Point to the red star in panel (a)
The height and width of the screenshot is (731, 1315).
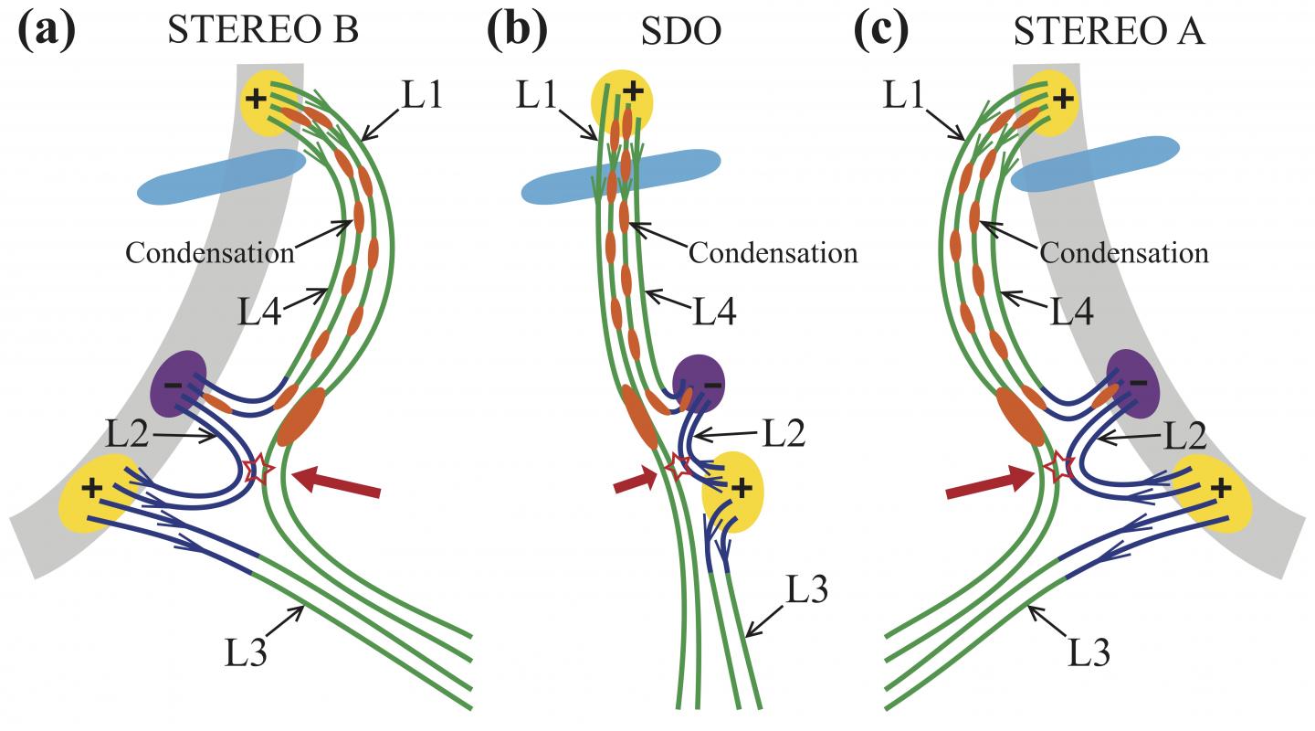258,471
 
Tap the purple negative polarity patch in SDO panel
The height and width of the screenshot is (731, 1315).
699,379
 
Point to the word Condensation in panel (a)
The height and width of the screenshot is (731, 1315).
210,253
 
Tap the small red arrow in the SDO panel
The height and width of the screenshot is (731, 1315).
635,482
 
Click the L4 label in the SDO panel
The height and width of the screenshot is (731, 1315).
713,312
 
